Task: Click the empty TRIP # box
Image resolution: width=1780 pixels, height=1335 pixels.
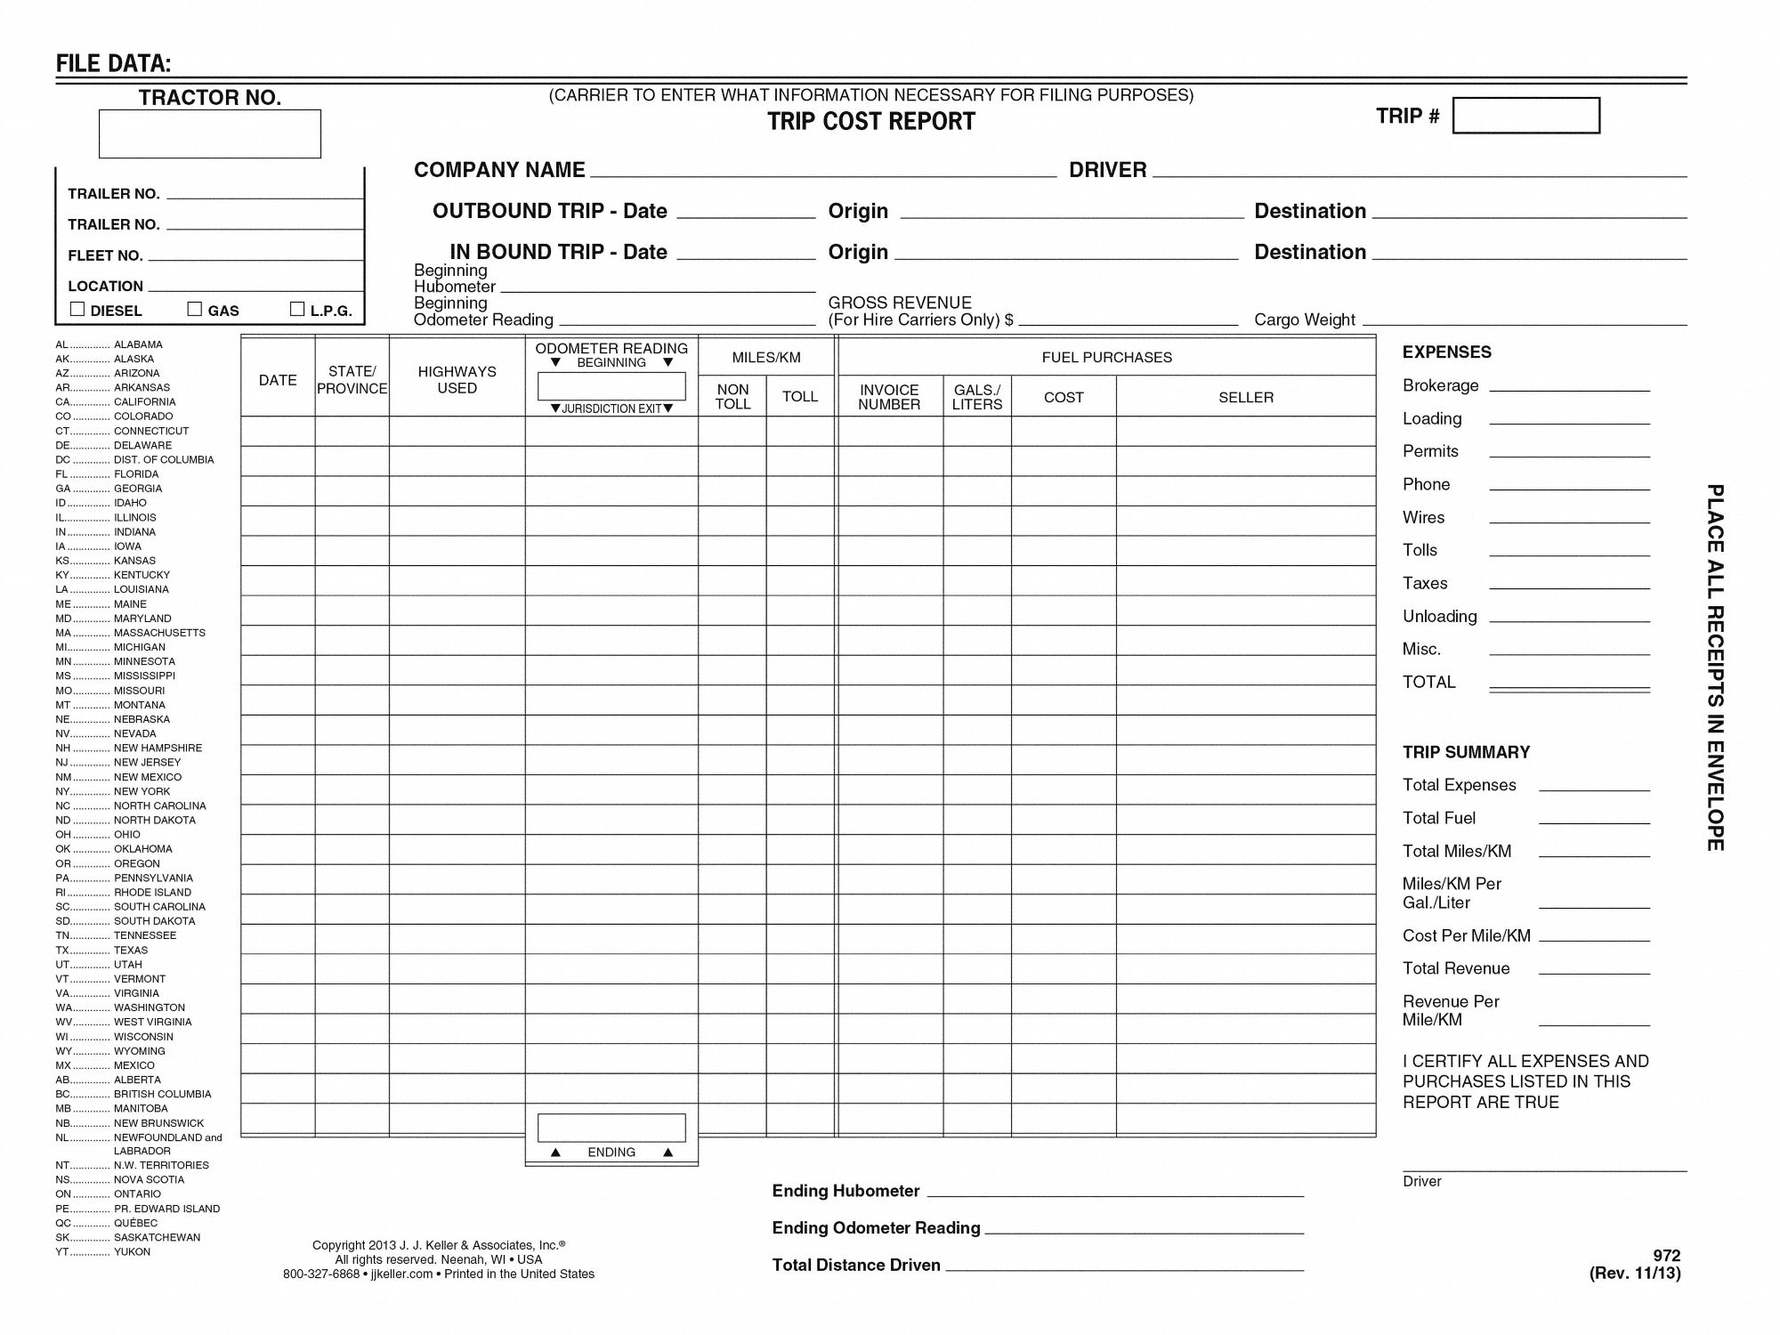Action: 1525,116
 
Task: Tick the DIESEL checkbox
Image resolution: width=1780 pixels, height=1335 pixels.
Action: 77,309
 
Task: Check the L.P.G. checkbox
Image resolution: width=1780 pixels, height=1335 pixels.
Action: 297,309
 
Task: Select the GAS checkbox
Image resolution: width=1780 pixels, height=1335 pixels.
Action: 195,309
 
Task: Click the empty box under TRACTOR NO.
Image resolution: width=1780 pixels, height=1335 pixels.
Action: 209,134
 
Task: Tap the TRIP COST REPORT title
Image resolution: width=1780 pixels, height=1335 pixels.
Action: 871,122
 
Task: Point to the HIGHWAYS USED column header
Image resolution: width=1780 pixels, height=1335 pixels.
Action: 457,380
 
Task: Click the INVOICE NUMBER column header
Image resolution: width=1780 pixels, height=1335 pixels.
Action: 889,397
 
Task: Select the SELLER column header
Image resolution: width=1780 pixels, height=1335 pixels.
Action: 1245,398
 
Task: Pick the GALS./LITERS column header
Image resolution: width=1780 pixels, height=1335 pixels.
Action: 976,397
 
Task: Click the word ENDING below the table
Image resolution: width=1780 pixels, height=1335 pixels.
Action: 611,1152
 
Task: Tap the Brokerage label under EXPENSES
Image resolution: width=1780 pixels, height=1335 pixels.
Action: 1440,385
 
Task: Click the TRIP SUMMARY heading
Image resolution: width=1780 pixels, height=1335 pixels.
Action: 1466,752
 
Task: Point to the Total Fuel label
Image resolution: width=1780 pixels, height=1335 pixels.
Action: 1438,818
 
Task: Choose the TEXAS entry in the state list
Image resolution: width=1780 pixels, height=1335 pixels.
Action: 131,951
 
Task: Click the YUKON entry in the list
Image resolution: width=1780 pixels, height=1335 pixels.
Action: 132,1252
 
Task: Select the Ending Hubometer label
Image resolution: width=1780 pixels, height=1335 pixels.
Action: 845,1191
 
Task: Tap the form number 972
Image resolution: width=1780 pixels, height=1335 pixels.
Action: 1666,1256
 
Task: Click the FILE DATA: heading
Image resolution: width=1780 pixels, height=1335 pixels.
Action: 113,63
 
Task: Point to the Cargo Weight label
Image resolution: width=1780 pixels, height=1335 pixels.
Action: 1304,320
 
